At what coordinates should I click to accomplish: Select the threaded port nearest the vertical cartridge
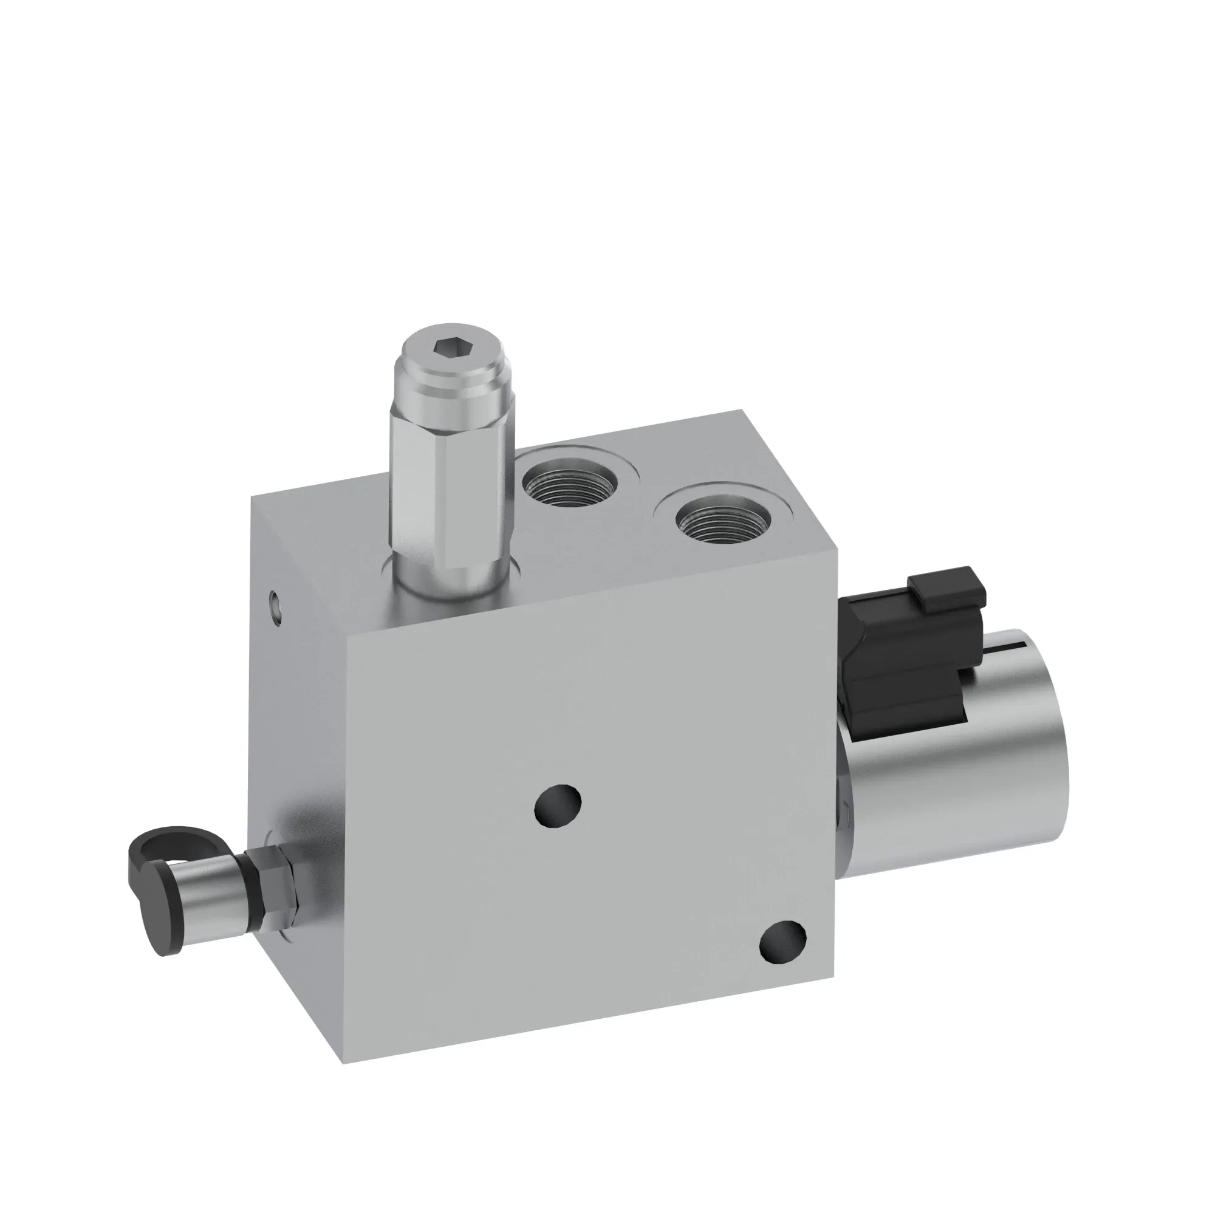point(570,485)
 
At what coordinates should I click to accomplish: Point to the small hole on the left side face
point(275,597)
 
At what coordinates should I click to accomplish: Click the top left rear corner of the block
point(252,497)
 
